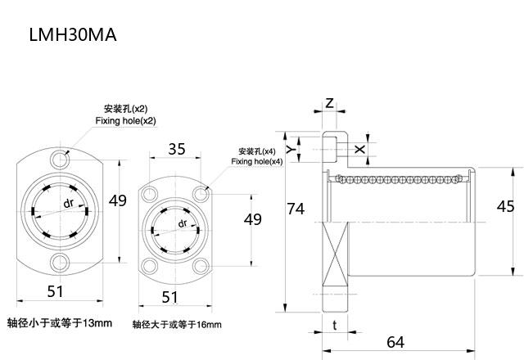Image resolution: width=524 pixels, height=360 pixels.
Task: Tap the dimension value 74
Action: pyautogui.click(x=296, y=209)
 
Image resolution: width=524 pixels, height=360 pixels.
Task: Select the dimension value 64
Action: pyautogui.click(x=395, y=341)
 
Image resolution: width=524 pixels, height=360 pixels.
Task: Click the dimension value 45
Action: pyautogui.click(x=505, y=206)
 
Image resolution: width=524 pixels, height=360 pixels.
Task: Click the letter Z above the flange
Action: pyautogui.click(x=329, y=104)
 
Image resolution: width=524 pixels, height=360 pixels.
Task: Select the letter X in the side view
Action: pyautogui.click(x=361, y=149)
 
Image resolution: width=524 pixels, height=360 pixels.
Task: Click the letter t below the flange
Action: pyautogui.click(x=335, y=325)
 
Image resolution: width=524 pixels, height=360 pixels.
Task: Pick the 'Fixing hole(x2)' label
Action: pyautogui.click(x=126, y=120)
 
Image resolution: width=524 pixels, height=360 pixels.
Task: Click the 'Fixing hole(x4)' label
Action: pyautogui.click(x=256, y=161)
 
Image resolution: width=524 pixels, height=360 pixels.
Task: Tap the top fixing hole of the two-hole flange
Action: pyautogui.click(x=61, y=155)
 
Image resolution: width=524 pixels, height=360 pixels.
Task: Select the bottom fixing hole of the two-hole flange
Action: pyautogui.click(x=61, y=262)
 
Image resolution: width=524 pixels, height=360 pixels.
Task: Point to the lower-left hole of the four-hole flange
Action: pyautogui.click(x=149, y=265)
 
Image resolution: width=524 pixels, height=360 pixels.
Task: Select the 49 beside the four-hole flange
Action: pyautogui.click(x=253, y=219)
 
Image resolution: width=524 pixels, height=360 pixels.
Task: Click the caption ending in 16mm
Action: pyautogui.click(x=177, y=325)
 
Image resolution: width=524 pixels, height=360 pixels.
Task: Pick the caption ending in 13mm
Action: pyautogui.click(x=59, y=322)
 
